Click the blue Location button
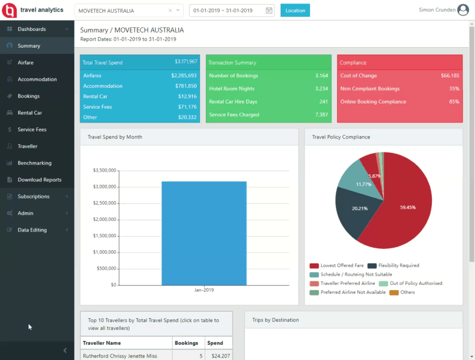click(295, 10)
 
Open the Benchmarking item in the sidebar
click(34, 163)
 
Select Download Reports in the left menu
click(39, 180)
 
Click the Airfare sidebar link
click(26, 62)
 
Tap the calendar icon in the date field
click(269, 10)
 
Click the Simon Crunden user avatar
click(463, 10)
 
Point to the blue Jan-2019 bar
click(203, 233)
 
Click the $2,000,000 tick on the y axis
click(105, 219)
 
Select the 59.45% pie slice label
click(408, 206)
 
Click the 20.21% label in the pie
click(359, 208)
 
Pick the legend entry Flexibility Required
click(398, 265)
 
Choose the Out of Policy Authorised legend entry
click(416, 283)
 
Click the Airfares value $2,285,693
click(184, 76)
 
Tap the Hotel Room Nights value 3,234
click(322, 88)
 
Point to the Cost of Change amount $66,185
click(449, 76)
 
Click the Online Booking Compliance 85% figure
click(454, 102)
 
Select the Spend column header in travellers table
click(215, 343)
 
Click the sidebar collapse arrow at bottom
click(65, 350)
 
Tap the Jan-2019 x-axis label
click(203, 289)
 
